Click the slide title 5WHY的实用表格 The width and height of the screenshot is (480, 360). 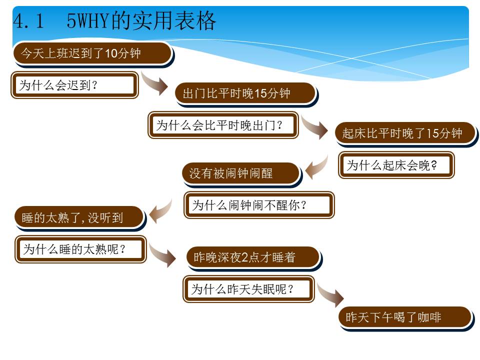[x=141, y=21]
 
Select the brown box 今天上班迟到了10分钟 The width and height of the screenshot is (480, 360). [x=93, y=54]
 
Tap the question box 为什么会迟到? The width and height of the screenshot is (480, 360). [x=74, y=85]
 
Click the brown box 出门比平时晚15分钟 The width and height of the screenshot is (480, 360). [x=246, y=94]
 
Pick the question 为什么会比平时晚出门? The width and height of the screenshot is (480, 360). [x=223, y=125]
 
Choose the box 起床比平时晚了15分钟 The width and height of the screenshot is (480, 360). [x=406, y=134]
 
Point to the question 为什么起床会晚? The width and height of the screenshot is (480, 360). [x=396, y=165]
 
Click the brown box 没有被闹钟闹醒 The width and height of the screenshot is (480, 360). [x=241, y=174]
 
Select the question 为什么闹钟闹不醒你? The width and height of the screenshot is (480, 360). [x=259, y=205]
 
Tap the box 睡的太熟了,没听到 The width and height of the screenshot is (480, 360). [x=80, y=218]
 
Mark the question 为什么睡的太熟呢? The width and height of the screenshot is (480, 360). [x=81, y=249]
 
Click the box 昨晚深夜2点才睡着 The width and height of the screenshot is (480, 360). [x=254, y=258]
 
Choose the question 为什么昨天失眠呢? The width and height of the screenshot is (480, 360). [x=248, y=289]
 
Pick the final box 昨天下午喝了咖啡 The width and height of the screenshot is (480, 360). [x=406, y=318]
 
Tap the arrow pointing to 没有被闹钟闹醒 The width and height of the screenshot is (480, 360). [x=316, y=167]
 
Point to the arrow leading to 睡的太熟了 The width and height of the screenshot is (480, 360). [x=160, y=211]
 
